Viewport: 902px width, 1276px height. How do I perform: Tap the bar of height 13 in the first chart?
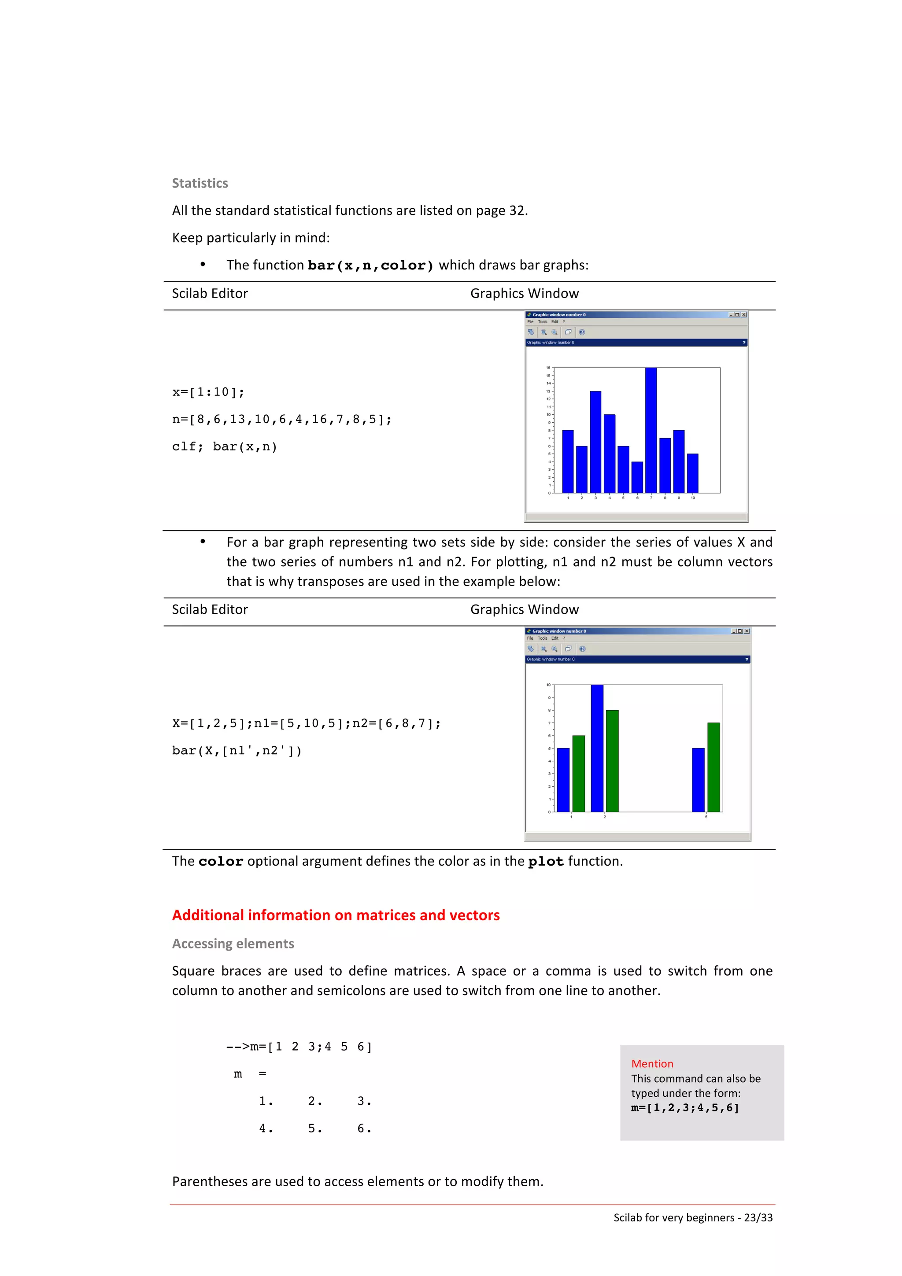[x=595, y=442]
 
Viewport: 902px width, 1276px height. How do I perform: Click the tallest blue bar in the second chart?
[x=597, y=748]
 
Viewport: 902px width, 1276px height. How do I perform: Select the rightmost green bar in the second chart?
[x=713, y=767]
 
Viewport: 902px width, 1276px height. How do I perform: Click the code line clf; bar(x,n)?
[x=225, y=446]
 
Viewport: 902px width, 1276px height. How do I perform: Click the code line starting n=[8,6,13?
[x=282, y=419]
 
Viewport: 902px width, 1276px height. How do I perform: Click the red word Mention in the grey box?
[x=652, y=1063]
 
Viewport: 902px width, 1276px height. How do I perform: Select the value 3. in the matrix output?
[x=364, y=1101]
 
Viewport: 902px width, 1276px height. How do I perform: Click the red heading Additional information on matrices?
[x=336, y=915]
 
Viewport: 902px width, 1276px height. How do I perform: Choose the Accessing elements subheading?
[x=233, y=943]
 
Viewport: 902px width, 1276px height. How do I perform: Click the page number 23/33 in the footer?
[x=758, y=1217]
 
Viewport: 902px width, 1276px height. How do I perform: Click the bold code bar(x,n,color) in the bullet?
[x=370, y=265]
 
